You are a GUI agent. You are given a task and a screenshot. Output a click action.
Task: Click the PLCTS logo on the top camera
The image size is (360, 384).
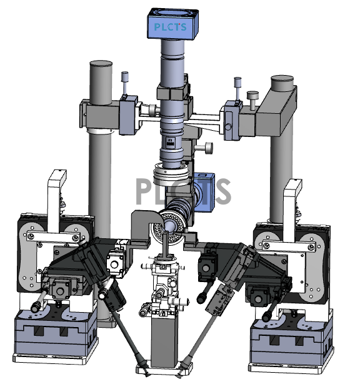click(x=171, y=27)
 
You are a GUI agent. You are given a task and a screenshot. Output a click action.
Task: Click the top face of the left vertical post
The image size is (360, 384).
click(x=101, y=64)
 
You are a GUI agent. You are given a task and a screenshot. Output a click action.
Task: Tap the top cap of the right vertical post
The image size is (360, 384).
click(x=282, y=79)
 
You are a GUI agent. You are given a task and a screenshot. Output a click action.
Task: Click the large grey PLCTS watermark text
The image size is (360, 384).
click(x=183, y=191)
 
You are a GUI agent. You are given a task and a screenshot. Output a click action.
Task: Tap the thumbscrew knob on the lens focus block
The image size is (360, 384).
click(x=204, y=148)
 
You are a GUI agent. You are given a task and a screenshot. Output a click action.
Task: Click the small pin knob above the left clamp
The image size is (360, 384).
click(x=125, y=83)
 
